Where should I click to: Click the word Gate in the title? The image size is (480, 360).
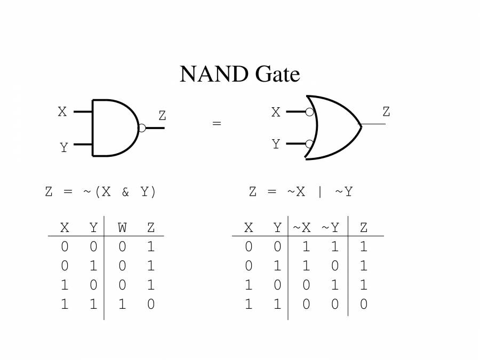pos(278,74)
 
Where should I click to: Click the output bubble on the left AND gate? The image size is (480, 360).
pos(141,128)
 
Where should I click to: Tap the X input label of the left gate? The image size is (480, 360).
pos(62,112)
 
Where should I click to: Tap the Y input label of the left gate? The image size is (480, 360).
pos(63,148)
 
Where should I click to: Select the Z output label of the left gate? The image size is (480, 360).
pos(162,115)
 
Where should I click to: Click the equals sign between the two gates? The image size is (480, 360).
pos(217,124)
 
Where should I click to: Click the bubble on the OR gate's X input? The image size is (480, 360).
pos(309,112)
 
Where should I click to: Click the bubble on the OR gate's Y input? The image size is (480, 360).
pos(309,143)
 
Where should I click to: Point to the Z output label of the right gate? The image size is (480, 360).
pos(386,112)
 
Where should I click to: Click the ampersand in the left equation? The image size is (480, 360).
pos(125,192)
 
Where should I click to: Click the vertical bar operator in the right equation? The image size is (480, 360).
pos(320,192)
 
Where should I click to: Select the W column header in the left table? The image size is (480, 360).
pos(122,228)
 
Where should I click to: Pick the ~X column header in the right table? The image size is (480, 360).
pos(301,228)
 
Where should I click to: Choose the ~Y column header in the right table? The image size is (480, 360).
pos(330,228)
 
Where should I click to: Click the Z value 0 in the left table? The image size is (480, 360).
pos(151,305)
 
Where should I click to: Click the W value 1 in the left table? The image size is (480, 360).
pos(122,305)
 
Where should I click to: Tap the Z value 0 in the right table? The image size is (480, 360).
pos(364,305)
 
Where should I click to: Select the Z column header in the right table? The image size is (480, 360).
pos(364,228)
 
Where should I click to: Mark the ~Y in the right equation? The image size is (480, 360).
pos(344,192)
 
